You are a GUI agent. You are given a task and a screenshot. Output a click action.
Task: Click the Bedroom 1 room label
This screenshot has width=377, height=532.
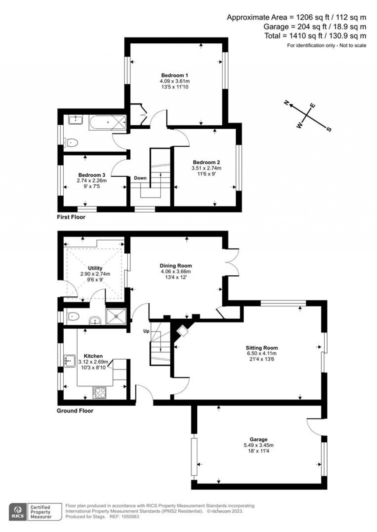click(x=175, y=75)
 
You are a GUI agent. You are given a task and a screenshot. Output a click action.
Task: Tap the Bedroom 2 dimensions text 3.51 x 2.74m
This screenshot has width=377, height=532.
click(x=206, y=168)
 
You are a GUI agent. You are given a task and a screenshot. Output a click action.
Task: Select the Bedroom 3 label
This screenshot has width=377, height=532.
click(x=92, y=175)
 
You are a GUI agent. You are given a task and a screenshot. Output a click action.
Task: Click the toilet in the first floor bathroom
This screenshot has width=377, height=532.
click(x=71, y=143)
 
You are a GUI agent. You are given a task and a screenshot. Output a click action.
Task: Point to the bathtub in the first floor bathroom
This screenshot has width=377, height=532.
click(x=108, y=122)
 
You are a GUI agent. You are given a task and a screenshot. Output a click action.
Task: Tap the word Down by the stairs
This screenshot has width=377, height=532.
click(x=140, y=178)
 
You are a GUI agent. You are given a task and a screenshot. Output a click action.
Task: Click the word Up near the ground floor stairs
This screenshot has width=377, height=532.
click(x=146, y=331)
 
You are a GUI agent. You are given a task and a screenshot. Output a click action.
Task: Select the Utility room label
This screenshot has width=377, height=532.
click(x=95, y=268)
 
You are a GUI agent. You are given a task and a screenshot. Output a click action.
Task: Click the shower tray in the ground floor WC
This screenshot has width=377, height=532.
click(x=116, y=316)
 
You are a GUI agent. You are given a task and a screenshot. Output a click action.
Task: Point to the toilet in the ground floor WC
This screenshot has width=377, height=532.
click(x=72, y=316)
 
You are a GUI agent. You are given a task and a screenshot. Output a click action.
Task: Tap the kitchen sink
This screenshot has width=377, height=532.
click(x=70, y=361)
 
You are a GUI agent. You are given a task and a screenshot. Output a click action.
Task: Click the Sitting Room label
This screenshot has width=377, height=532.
click(x=262, y=348)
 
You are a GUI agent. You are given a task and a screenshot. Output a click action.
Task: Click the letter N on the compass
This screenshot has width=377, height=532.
click(x=287, y=103)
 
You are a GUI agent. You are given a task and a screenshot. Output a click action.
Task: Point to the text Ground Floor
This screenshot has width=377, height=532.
click(x=75, y=411)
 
